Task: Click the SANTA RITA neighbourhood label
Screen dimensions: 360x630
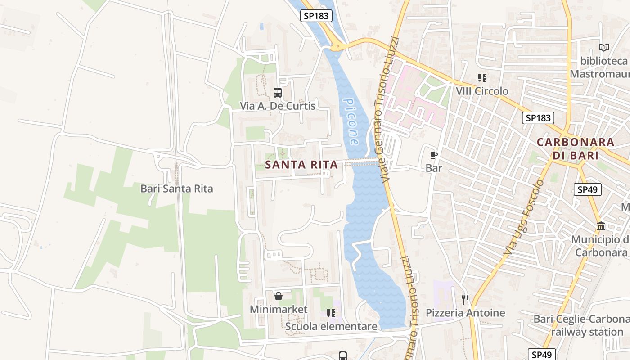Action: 301,165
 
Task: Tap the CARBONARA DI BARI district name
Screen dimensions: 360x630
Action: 575,149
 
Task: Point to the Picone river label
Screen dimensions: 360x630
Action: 351,121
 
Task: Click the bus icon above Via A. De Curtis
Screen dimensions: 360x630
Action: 278,93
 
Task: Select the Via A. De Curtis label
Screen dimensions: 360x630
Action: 278,106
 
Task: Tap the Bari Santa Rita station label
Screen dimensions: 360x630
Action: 176,189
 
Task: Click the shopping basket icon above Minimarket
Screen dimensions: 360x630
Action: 279,296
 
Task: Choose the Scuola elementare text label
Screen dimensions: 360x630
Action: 331,326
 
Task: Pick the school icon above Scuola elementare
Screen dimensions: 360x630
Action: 331,313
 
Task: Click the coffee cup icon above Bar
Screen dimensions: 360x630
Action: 434,155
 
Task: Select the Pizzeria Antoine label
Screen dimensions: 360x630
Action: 465,313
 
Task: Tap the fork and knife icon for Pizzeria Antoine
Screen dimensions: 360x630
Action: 465,299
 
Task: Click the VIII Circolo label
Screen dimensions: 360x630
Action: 482,91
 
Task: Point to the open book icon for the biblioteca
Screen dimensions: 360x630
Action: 603,47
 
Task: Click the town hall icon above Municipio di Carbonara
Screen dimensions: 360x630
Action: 601,226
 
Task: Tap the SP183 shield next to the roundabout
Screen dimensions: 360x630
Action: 316,16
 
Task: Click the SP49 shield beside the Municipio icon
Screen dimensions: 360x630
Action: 588,189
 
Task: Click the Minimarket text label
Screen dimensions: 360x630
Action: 279,310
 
